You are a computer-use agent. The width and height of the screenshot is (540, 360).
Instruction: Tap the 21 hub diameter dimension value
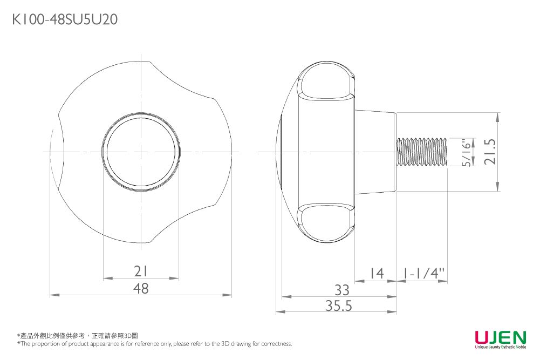(x=141, y=271)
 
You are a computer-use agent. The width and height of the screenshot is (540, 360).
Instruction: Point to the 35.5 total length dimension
(x=339, y=306)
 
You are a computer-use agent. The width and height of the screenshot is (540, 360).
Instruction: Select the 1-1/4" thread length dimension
(x=423, y=274)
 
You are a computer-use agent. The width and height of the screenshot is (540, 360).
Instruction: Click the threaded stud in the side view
(x=422, y=152)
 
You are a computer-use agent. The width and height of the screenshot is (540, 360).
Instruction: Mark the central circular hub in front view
(x=141, y=152)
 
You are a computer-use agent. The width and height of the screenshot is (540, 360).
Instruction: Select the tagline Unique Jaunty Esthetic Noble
(x=500, y=348)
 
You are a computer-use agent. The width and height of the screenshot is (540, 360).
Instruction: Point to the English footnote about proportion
(x=154, y=344)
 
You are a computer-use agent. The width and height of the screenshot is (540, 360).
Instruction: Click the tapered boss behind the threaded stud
(x=375, y=152)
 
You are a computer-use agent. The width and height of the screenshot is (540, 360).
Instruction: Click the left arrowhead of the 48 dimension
(x=53, y=295)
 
